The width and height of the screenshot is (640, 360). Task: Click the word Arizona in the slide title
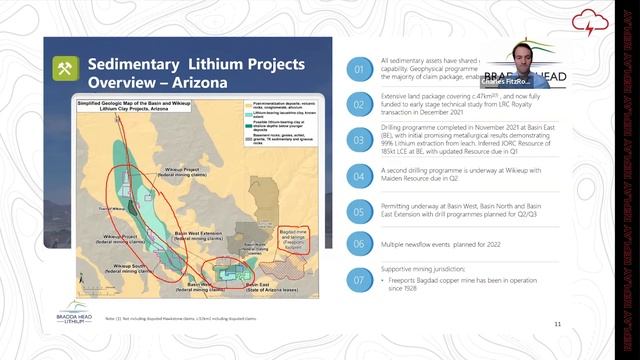[x=194, y=81]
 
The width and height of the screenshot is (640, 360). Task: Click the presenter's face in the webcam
[x=521, y=55]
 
